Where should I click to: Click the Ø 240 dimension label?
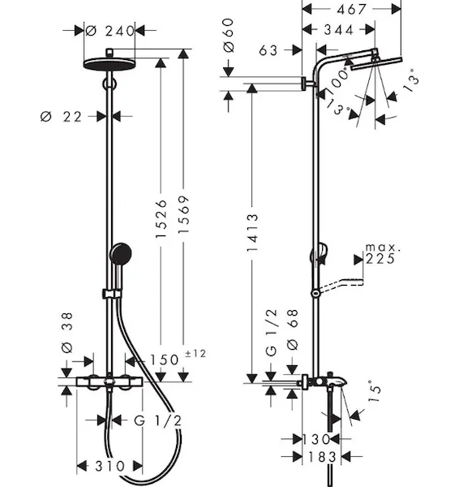109,31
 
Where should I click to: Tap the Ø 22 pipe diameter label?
61,117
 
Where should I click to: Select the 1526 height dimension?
161,219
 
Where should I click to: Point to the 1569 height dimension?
183,214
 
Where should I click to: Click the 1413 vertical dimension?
251,232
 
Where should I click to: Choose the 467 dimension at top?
352,9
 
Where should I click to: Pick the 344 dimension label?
339,30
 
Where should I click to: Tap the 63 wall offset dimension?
268,50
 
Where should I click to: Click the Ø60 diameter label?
229,35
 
